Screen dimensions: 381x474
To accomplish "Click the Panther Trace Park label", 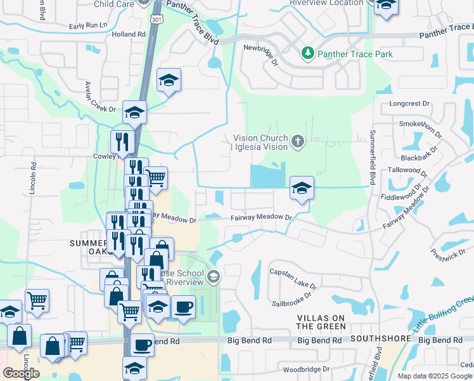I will pyautogui.click(x=355, y=54).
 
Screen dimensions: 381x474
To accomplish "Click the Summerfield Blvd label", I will pyautogui.click(x=373, y=156).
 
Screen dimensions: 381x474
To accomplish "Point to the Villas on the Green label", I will pyautogui.click(x=322, y=321).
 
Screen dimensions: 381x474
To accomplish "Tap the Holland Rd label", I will pyautogui.click(x=128, y=34).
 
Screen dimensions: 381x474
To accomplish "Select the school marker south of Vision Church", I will pyautogui.click(x=302, y=189).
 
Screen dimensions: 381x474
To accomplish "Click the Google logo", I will pyautogui.click(x=21, y=373).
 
